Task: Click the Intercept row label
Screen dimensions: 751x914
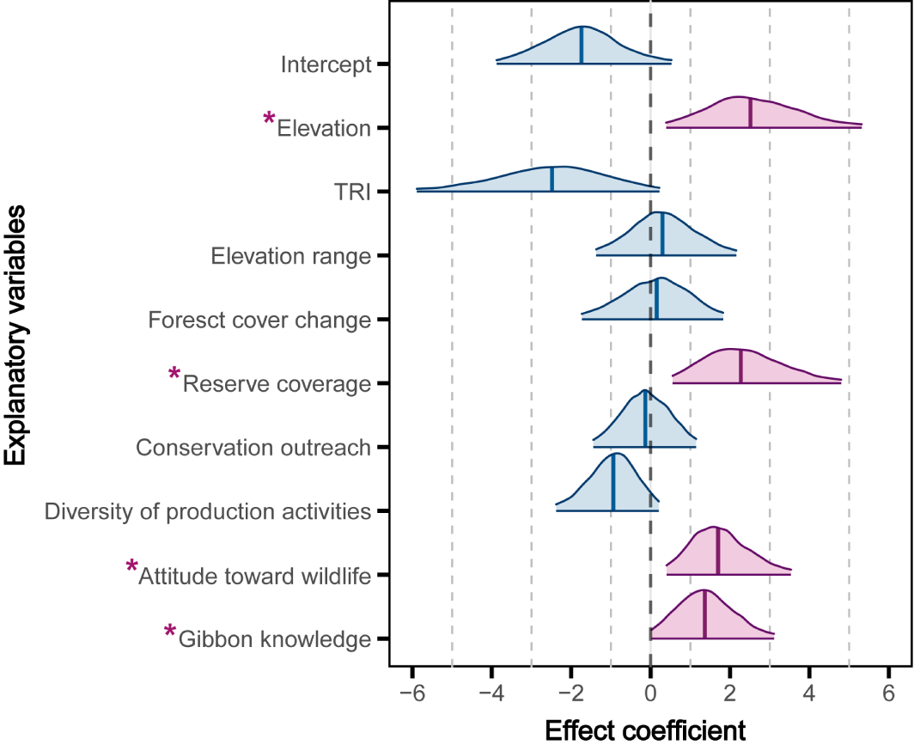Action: (x=326, y=64)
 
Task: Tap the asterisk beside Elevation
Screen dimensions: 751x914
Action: (x=270, y=119)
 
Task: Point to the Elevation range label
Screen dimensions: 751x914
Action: (x=290, y=256)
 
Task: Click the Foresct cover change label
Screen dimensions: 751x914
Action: (x=259, y=321)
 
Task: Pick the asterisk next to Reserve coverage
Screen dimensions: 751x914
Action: (x=175, y=375)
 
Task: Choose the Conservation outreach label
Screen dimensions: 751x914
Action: (x=253, y=448)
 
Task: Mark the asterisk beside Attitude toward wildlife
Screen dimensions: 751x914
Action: (x=132, y=566)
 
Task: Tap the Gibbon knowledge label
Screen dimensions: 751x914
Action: (x=275, y=639)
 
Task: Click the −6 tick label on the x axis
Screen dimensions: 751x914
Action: (x=412, y=694)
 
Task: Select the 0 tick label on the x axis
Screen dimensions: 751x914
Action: (x=650, y=694)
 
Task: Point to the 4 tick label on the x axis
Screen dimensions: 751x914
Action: (x=809, y=694)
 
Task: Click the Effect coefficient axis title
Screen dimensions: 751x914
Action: (x=645, y=731)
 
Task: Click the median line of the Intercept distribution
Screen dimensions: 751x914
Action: (x=582, y=46)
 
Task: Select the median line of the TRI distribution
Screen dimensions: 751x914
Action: (x=551, y=180)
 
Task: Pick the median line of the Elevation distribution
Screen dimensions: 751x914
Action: (x=750, y=113)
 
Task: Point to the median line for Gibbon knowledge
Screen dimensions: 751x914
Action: (x=704, y=615)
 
